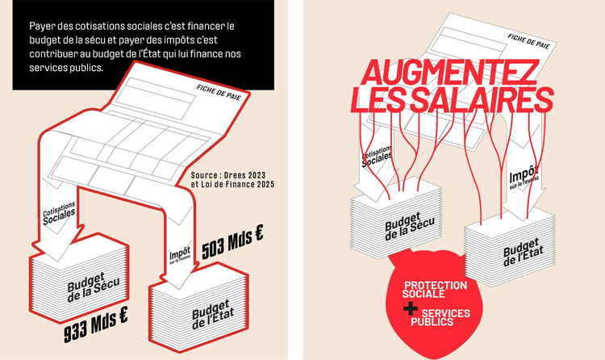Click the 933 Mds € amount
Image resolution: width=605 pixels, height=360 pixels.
(96, 324)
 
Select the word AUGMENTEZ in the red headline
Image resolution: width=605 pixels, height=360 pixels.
(449, 73)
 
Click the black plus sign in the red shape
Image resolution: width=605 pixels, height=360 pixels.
(410, 308)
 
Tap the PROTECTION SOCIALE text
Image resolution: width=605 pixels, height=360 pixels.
(435, 289)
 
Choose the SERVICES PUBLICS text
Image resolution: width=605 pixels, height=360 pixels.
(440, 317)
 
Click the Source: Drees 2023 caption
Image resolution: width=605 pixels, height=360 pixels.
(228, 175)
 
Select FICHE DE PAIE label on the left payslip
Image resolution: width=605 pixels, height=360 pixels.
(219, 92)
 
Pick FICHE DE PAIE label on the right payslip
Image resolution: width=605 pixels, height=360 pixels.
(528, 41)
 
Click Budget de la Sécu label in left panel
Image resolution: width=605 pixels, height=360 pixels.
(94, 287)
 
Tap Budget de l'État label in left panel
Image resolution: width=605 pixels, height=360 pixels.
(213, 314)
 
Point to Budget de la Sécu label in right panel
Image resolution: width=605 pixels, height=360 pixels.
(409, 225)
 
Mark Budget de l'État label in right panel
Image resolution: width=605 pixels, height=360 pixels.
(524, 252)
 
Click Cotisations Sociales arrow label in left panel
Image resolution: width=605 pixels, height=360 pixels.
(59, 213)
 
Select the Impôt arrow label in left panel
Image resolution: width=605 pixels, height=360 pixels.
(180, 255)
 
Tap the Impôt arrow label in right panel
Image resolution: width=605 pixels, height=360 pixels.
(524, 177)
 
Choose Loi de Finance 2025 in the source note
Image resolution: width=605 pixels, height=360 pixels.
(238, 184)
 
